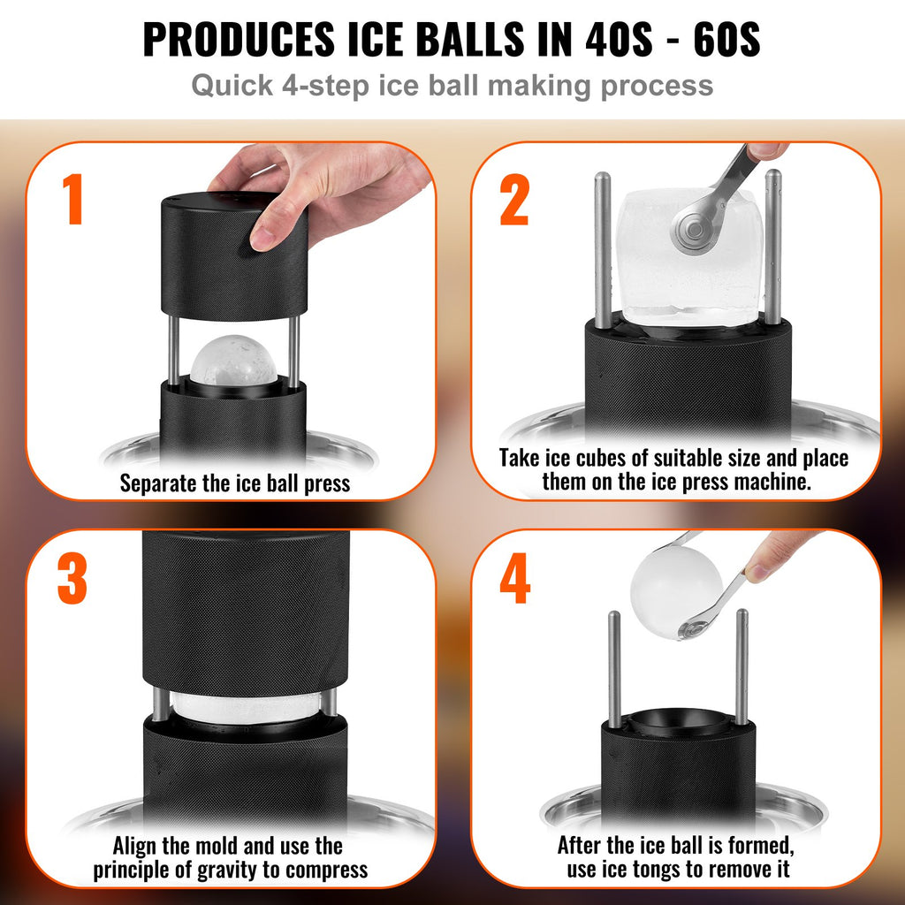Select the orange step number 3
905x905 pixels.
[x=72, y=581]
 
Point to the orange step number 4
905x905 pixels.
[x=514, y=581]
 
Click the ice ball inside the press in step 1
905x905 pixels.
[x=234, y=361]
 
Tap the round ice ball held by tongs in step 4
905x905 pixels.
[x=676, y=587]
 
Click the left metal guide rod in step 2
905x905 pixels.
[x=602, y=247]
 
